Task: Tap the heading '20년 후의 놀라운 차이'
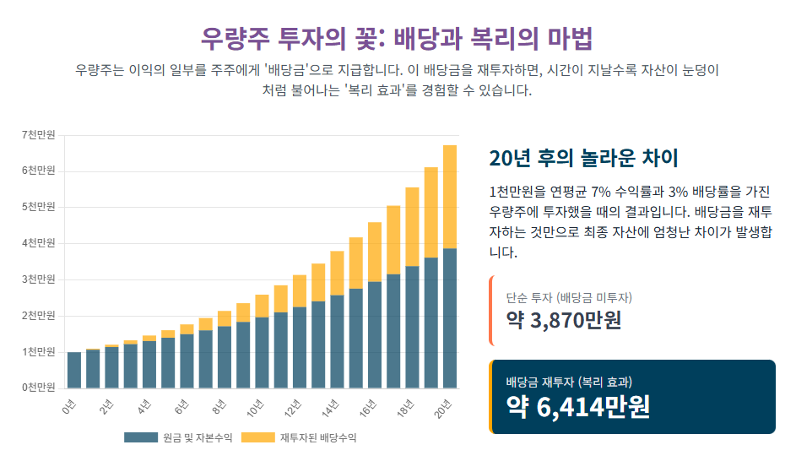(583, 158)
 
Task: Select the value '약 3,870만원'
(563, 320)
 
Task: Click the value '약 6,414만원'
(578, 407)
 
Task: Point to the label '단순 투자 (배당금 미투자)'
(569, 297)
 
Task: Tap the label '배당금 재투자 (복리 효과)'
(570, 382)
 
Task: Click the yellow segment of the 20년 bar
(449, 197)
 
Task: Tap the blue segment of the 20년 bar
(449, 318)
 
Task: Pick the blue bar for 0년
(74, 370)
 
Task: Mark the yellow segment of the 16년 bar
(375, 252)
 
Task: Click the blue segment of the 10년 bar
(263, 352)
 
